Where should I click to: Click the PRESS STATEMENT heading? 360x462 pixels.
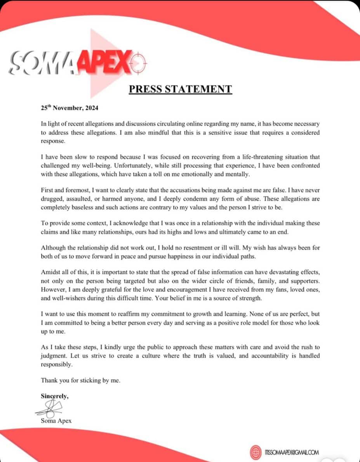point(180,89)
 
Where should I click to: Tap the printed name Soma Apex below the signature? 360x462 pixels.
point(56,420)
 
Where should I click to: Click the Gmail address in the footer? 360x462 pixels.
point(292,452)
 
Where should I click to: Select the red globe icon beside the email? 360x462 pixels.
point(256,452)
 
